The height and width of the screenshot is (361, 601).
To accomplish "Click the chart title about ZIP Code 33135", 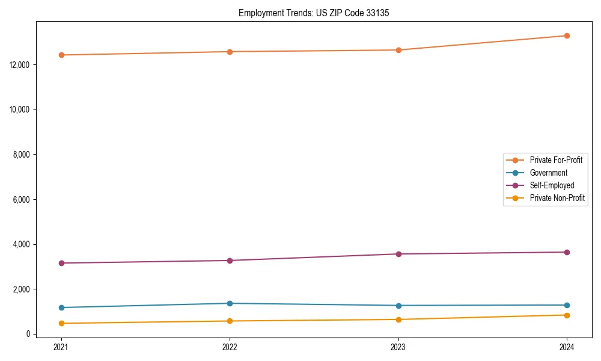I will tap(314, 13).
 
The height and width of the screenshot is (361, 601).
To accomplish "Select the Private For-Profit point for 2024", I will tap(567, 36).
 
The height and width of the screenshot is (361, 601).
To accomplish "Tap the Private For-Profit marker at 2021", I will tap(61, 55).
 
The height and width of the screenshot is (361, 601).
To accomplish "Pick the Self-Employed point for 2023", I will tap(398, 254).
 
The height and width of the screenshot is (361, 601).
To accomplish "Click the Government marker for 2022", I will tap(230, 303).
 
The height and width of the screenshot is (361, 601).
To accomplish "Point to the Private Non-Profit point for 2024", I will tap(567, 315).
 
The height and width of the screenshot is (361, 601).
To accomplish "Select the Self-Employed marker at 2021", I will tap(61, 263).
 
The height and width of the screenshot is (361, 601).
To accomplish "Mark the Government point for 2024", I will tap(567, 305).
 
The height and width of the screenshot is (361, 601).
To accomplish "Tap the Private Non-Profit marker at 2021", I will tap(61, 323).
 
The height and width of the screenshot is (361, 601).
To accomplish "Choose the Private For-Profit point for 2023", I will tap(398, 50).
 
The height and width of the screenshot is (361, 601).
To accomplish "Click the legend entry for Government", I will tap(548, 173).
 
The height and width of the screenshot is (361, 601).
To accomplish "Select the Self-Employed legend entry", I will tap(552, 185).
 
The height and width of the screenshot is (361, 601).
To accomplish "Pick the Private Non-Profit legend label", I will tap(557, 198).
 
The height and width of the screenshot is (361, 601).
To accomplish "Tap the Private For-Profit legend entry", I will tap(556, 160).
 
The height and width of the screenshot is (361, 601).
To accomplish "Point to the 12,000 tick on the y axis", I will tap(20, 65).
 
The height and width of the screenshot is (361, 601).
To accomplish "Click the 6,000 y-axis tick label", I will tap(22, 200).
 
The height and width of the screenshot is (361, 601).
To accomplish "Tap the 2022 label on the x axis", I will tap(230, 347).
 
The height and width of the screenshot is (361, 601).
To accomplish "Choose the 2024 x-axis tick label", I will tap(567, 347).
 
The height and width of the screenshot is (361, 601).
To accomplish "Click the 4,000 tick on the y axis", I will tap(22, 245).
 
